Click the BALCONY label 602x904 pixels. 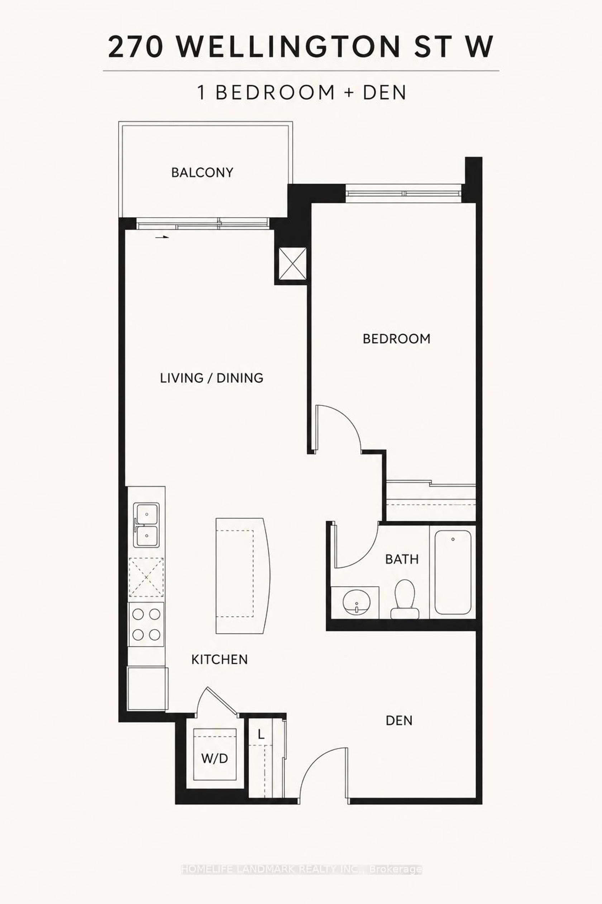tap(202, 172)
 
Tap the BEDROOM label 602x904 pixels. tap(397, 339)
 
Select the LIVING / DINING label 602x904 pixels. tap(211, 378)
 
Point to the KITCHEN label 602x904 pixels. tap(220, 660)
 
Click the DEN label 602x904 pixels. tap(399, 721)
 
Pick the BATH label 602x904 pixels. tap(402, 559)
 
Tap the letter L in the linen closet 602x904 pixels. tap(261, 735)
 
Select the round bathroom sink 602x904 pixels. tap(356, 602)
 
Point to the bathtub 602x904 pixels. tap(453, 572)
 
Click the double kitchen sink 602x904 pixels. tap(146, 524)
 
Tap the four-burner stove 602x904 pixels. tap(146, 625)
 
